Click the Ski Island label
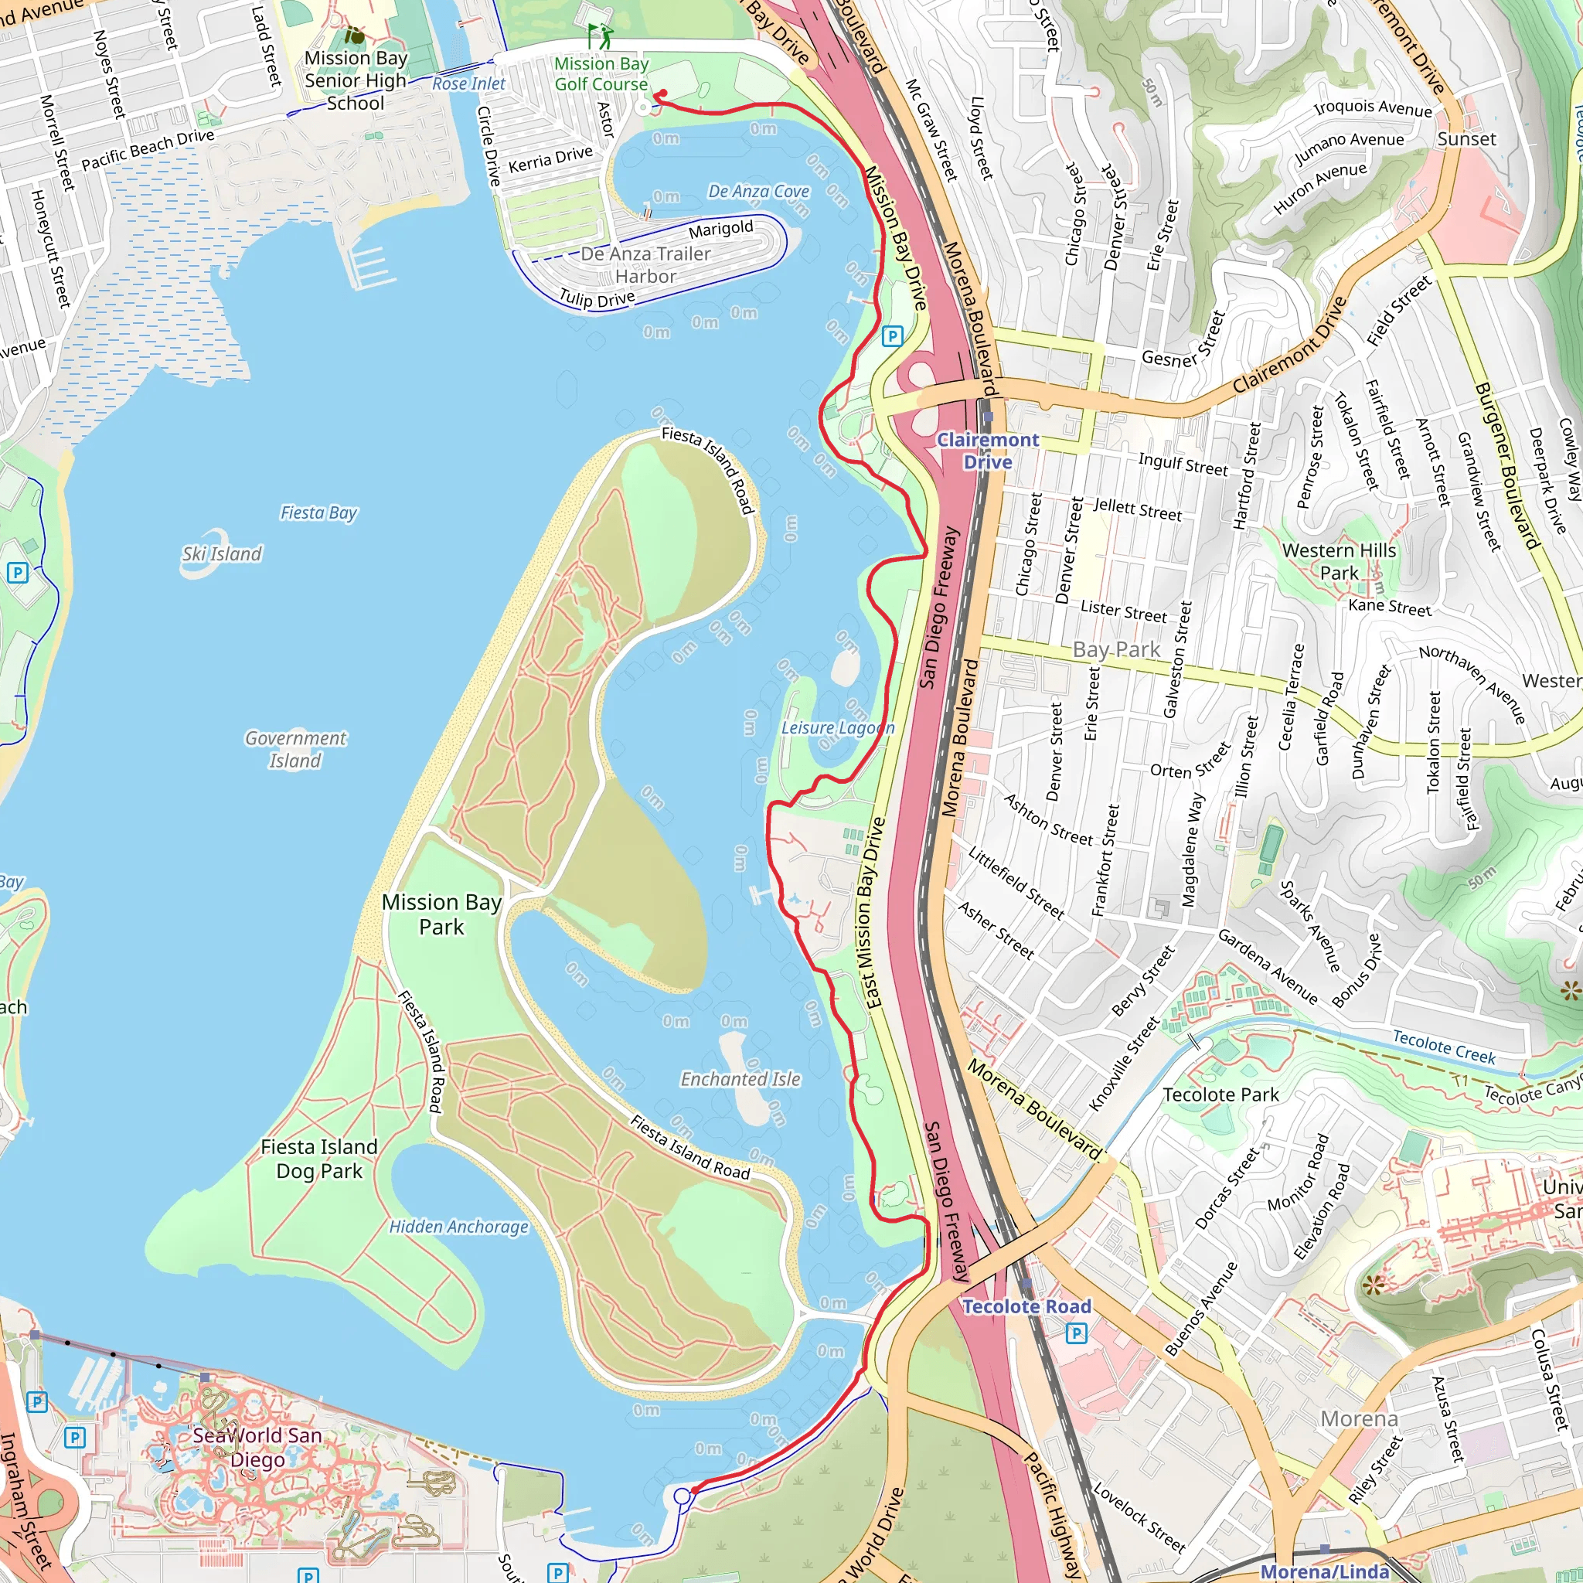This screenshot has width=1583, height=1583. (x=222, y=554)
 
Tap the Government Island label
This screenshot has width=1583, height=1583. (x=295, y=749)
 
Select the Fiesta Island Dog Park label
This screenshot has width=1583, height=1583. (x=318, y=1159)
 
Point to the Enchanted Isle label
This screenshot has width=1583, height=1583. (x=740, y=1079)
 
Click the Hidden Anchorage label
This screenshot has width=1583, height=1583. (x=458, y=1227)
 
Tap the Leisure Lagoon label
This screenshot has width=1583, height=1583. (x=836, y=727)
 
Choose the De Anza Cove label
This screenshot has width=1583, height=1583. (x=758, y=191)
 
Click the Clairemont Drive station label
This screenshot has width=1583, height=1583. (x=987, y=451)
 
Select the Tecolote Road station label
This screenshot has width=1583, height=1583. (x=1026, y=1306)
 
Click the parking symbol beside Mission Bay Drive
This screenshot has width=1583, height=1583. (x=892, y=336)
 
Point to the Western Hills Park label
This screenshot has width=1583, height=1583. (x=1339, y=561)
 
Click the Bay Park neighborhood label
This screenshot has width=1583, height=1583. (x=1116, y=650)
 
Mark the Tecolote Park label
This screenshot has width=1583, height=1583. (x=1220, y=1094)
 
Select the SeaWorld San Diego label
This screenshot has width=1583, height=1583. (x=257, y=1447)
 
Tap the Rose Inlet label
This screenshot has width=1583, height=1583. (x=468, y=83)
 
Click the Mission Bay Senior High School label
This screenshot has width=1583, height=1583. (x=356, y=80)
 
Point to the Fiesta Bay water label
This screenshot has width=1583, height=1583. (x=318, y=513)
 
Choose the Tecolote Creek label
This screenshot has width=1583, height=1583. (x=1444, y=1047)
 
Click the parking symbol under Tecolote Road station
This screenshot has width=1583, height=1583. (x=1076, y=1334)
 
